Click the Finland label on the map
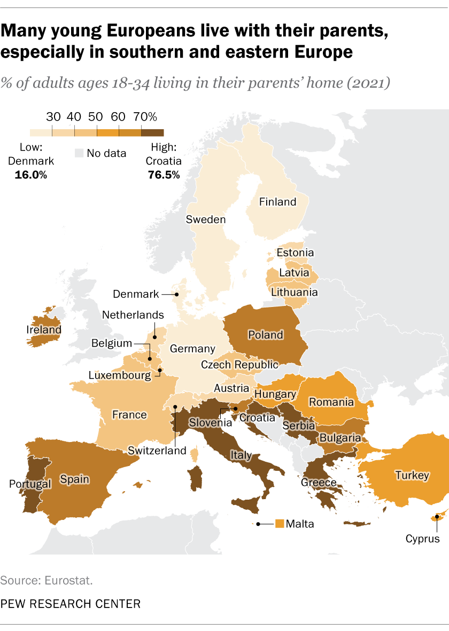coord(277,202)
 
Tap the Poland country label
coord(266,335)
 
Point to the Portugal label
coord(29,484)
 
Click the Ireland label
coord(44,330)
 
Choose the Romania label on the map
coord(332,402)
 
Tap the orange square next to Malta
coord(279,524)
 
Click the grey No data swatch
coord(79,154)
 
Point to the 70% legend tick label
coord(145,117)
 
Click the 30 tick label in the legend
coord(52,117)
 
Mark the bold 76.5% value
coord(163,175)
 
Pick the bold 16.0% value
coord(31,175)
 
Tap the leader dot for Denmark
coord(177,294)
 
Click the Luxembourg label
coord(120,375)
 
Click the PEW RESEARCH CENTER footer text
coord(71,604)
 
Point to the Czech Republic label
coord(239,365)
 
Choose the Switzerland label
coord(157,451)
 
